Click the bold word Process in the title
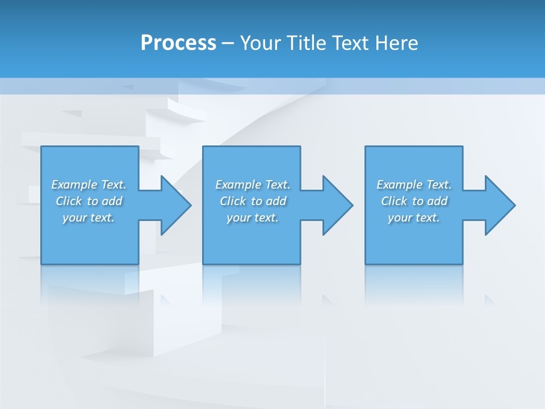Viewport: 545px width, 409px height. tap(178, 43)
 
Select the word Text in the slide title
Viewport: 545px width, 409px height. tap(351, 43)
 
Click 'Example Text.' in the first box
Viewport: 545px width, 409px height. tap(89, 185)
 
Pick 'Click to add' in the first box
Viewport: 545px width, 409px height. tap(89, 201)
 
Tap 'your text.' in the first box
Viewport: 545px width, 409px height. tap(89, 218)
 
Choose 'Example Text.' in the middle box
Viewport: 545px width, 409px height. tap(253, 185)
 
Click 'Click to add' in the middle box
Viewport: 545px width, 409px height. tap(253, 201)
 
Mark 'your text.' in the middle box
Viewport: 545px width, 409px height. tap(253, 218)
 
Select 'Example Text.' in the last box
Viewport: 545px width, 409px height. tap(414, 185)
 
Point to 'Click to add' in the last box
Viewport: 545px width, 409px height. tap(414, 201)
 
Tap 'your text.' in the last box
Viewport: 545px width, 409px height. tap(414, 218)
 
